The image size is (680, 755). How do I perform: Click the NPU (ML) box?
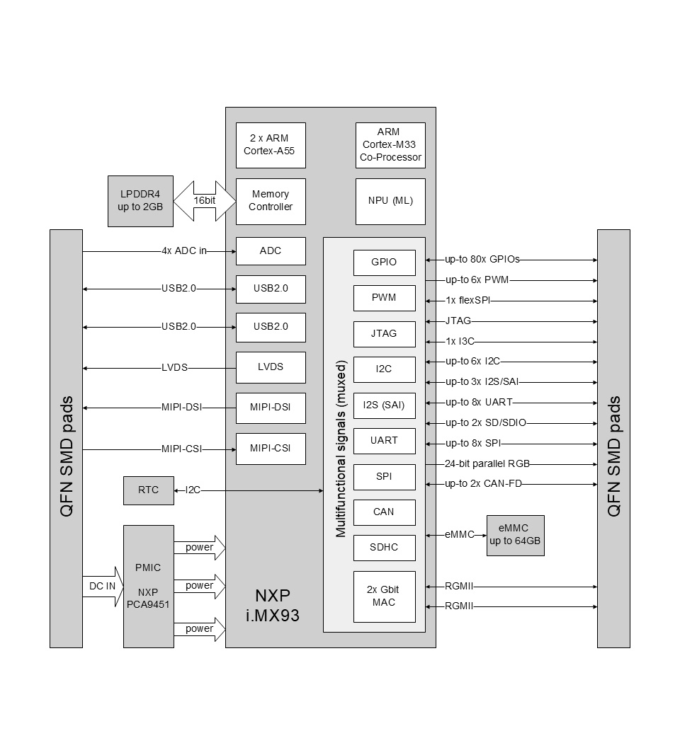pos(390,201)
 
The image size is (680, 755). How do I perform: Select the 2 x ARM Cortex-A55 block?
pos(271,145)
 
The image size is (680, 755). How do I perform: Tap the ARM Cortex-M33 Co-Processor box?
pos(390,145)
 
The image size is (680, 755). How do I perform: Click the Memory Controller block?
pos(271,201)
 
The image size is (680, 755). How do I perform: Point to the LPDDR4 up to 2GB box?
pos(140,201)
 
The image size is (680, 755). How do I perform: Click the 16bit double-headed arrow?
pos(204,201)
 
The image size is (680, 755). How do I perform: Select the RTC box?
pos(149,490)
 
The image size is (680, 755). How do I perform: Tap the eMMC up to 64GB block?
pos(516,536)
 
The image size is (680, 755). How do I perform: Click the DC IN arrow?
pos(103,587)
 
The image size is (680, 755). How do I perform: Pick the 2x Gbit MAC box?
pos(385,596)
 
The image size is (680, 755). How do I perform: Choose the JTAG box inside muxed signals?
pos(385,334)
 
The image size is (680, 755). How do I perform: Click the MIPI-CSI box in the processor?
pos(271,449)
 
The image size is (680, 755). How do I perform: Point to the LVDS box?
pos(271,367)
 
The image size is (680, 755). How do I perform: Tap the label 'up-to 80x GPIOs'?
pos(482,260)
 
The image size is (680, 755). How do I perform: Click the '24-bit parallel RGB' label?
pos(487,463)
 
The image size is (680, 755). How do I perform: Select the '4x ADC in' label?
pos(184,251)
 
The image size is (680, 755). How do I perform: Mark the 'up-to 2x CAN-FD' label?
pos(483,483)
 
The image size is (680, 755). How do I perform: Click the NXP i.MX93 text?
pos(273,605)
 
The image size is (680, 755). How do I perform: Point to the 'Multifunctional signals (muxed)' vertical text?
pos(341,449)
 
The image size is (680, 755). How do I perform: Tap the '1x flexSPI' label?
pos(467,301)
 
